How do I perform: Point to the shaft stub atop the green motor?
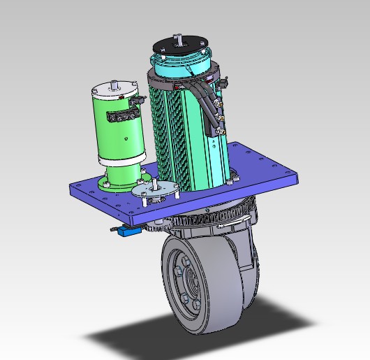114,82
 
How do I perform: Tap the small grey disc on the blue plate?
154,188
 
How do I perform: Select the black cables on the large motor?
207,105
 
